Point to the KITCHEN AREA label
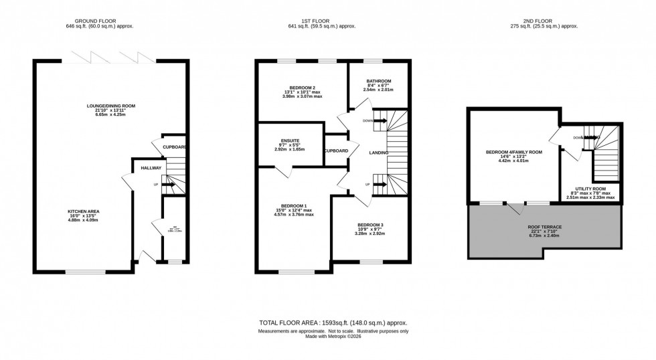[x=84, y=211]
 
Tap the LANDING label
[x=378, y=153]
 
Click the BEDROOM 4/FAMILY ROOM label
[x=514, y=152]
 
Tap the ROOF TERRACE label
[x=545, y=227]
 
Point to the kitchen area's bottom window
[x=85, y=272]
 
